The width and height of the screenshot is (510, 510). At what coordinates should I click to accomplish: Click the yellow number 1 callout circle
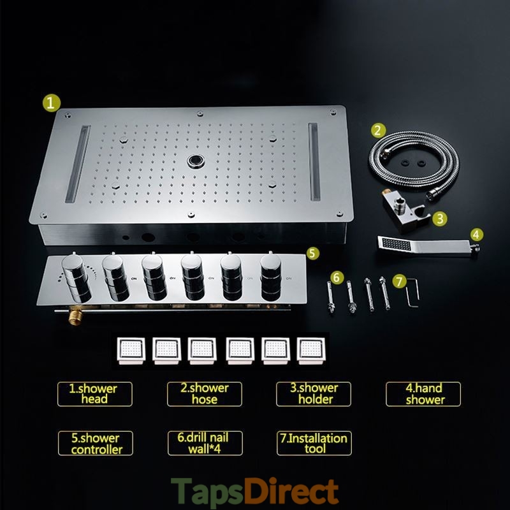point(52,103)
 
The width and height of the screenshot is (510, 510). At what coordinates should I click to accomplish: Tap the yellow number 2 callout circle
point(378,131)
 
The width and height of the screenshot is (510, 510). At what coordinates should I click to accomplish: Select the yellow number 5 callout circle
point(312,253)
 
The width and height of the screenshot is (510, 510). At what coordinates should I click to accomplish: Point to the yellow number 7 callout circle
point(400,281)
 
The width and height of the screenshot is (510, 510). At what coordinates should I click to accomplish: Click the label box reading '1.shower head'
point(94,394)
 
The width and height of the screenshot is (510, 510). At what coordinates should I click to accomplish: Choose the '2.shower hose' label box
point(204,394)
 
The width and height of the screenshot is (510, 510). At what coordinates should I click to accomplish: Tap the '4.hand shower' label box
point(423,394)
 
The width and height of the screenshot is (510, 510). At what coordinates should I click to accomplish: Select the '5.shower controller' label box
point(95,443)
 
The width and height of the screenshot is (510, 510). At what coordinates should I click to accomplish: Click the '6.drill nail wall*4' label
point(205,443)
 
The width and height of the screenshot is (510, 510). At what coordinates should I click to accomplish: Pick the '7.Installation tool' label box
point(314,443)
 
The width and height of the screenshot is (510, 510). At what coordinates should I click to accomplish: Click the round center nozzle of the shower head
point(196,161)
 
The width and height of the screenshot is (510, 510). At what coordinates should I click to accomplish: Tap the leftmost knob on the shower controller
point(76,278)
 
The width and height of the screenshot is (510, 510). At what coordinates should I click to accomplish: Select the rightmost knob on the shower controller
point(270,277)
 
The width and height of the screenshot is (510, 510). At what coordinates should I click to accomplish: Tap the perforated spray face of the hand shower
point(396,244)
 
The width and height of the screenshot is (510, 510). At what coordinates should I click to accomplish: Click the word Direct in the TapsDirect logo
point(291,491)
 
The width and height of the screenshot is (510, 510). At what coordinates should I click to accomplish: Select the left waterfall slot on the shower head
point(78,164)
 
